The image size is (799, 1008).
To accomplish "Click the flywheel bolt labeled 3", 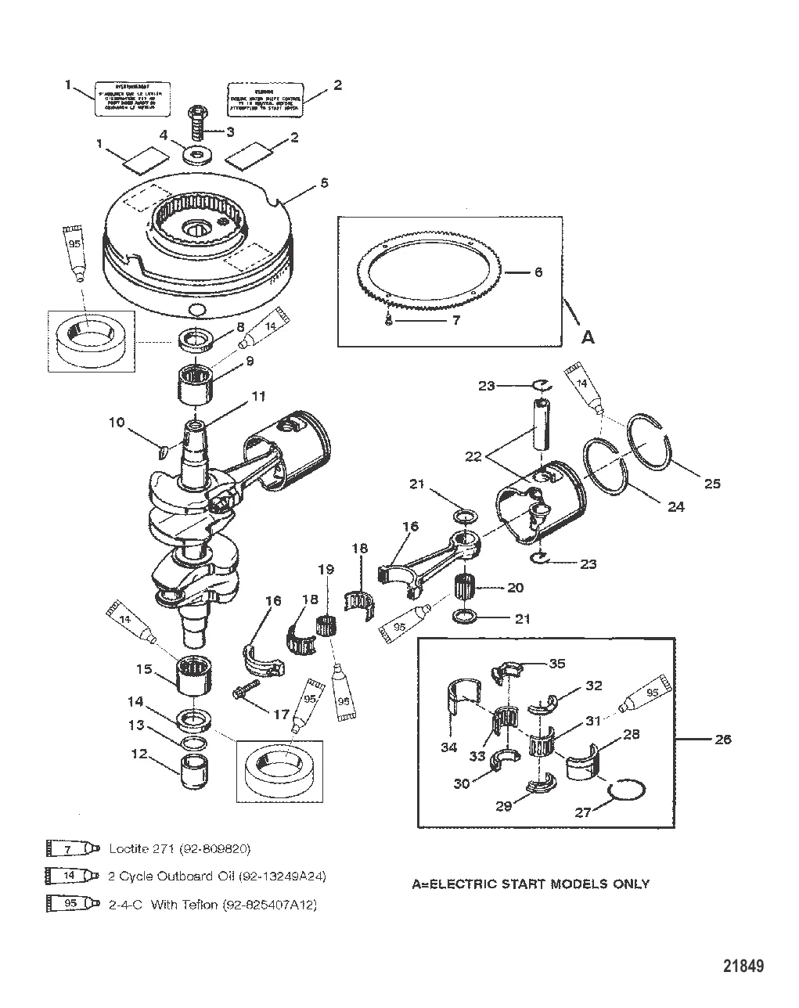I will click(196, 123).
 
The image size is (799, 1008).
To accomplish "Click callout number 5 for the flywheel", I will click(324, 182).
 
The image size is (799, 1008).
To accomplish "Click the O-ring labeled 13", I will click(194, 741).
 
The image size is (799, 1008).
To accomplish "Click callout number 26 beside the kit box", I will click(723, 738).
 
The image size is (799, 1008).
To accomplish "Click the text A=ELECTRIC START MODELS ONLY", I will click(531, 884).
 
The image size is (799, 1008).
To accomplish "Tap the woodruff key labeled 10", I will click(163, 450).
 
